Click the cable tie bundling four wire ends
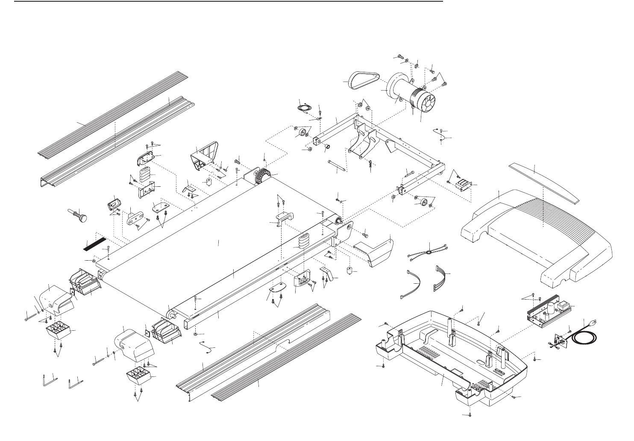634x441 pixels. pos(428,250)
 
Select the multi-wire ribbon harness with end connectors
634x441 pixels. pos(441,278)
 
